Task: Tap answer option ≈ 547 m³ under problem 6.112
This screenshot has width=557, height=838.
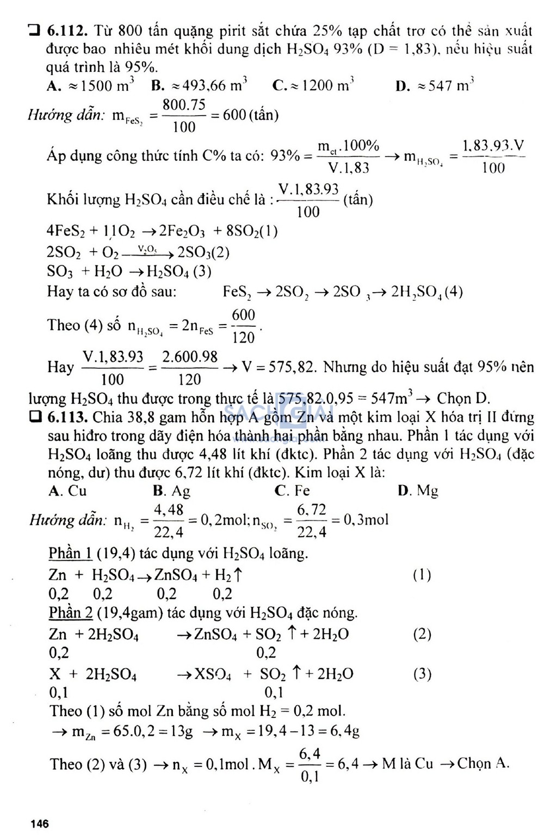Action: [x=435, y=85]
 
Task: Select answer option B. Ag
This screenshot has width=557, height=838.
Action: [x=172, y=491]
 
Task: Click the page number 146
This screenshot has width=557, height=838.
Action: [x=40, y=824]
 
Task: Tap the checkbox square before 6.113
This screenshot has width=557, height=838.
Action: [x=35, y=418]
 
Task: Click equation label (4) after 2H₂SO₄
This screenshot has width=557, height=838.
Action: [x=453, y=292]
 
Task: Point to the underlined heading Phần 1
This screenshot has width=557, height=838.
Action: [x=70, y=554]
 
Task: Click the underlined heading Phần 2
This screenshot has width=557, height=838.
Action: [x=70, y=613]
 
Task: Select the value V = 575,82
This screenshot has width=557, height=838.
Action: [x=279, y=367]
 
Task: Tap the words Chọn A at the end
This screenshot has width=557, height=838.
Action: [x=483, y=763]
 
